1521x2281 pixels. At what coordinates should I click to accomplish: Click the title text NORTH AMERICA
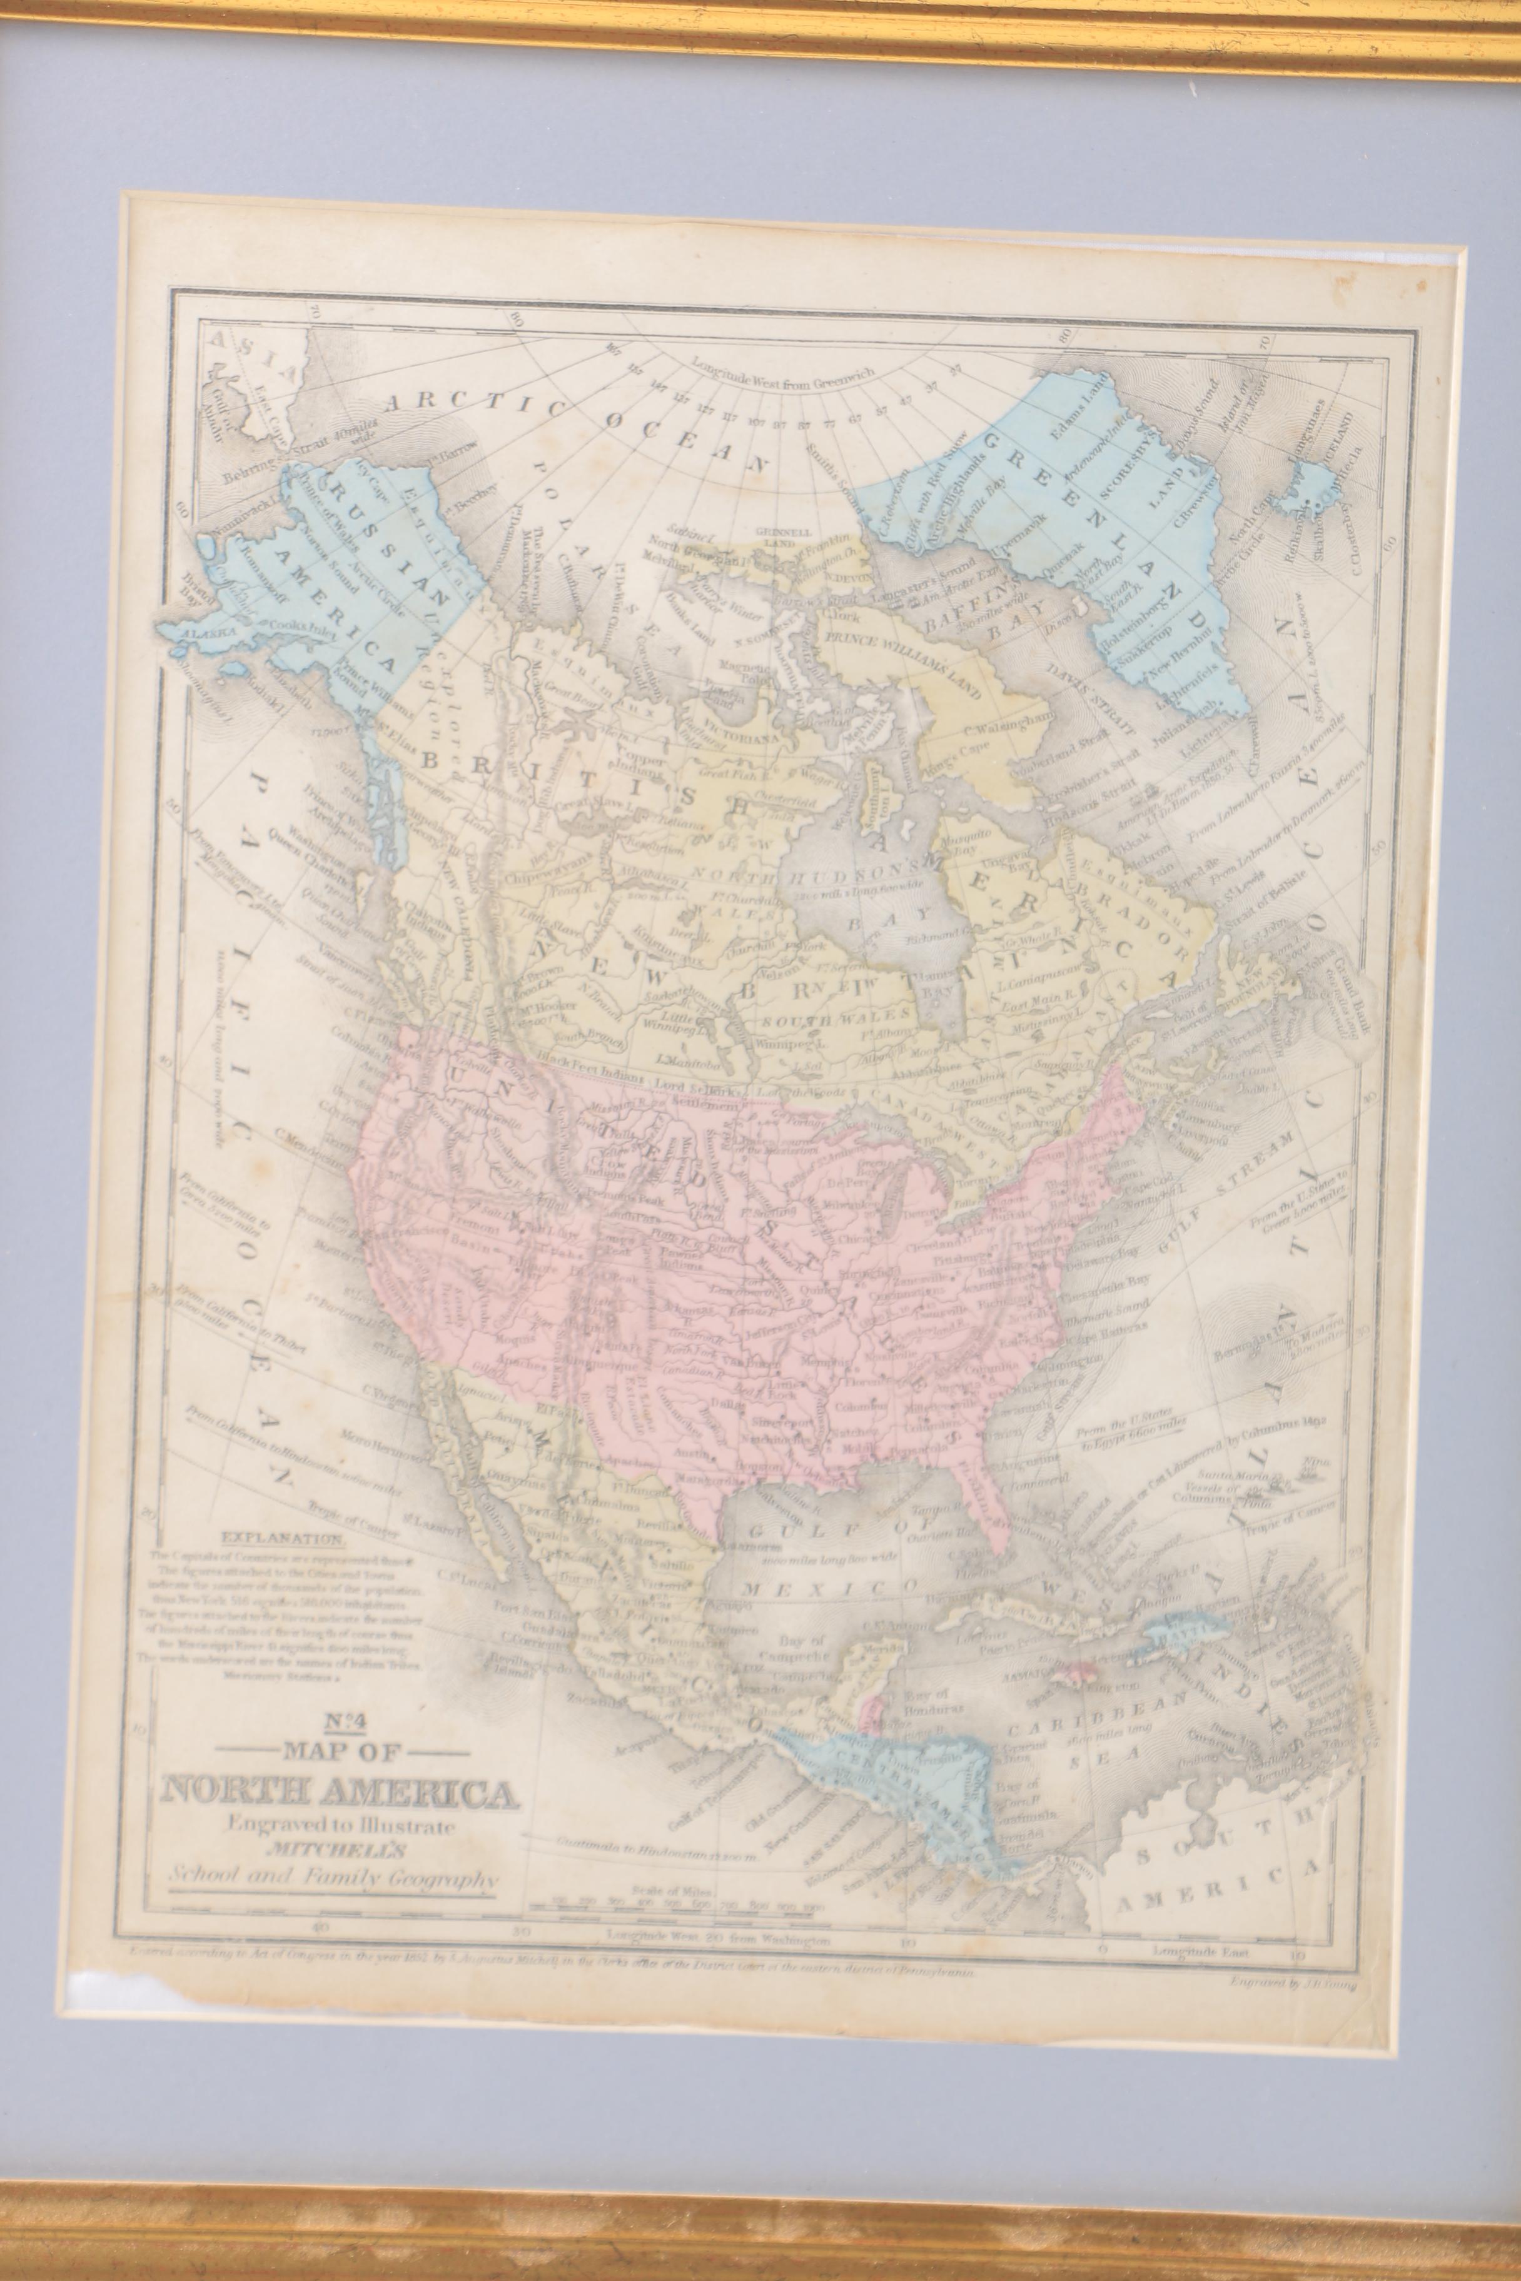tap(340, 1793)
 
